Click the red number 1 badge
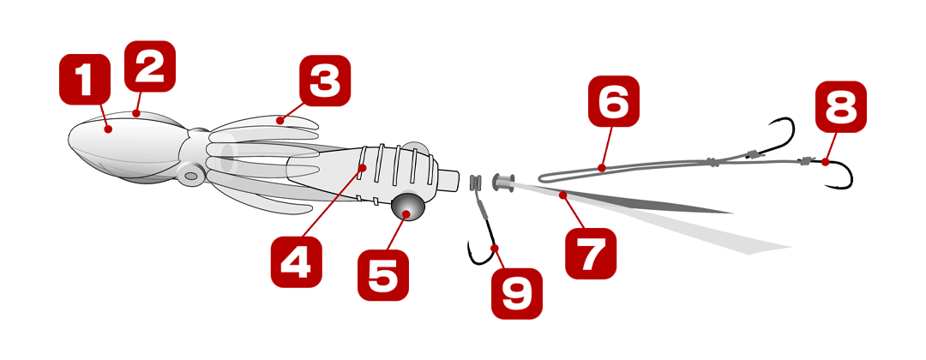click(x=85, y=79)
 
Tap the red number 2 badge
click(x=150, y=66)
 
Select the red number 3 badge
click(x=325, y=81)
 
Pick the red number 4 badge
click(x=297, y=262)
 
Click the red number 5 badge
click(x=383, y=275)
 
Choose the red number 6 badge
click(x=614, y=101)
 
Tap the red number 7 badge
click(x=591, y=253)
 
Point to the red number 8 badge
click(x=841, y=106)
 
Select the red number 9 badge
click(x=517, y=293)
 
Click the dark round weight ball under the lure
click(x=408, y=207)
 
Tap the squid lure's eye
click(x=192, y=175)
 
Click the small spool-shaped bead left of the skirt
click(x=504, y=182)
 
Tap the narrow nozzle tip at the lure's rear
click(x=449, y=180)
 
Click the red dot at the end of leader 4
click(x=364, y=168)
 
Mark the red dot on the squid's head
click(x=107, y=129)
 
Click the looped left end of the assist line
click(x=542, y=177)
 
